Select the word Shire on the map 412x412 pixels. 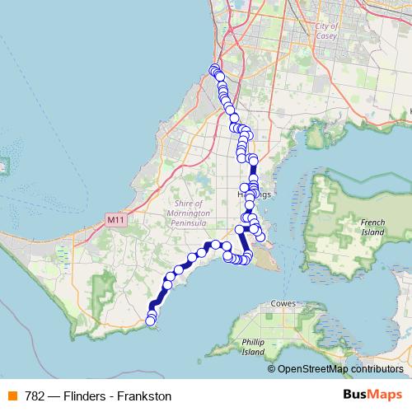click(187, 204)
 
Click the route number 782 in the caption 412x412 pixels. click(35, 396)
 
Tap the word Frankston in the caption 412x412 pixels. click(144, 396)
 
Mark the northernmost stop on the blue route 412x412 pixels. click(214, 69)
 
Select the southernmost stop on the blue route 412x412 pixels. click(151, 320)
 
